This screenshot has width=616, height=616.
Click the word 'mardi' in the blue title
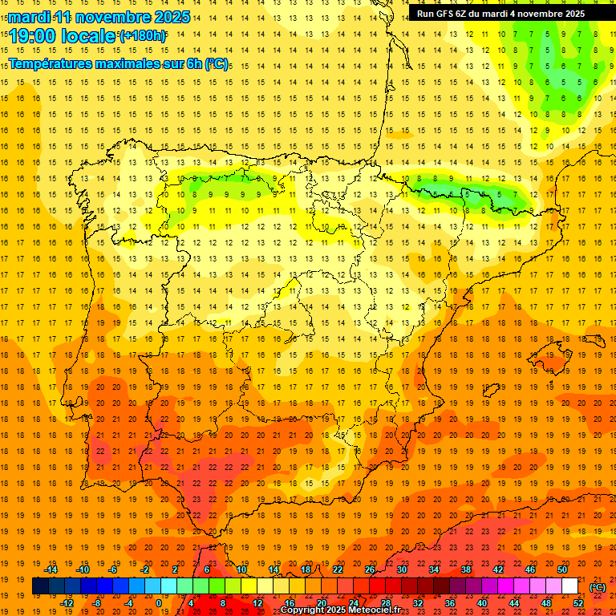[x=29, y=17]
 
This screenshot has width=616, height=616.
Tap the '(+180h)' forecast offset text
[x=143, y=35]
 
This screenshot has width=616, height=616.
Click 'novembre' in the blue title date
[x=117, y=17]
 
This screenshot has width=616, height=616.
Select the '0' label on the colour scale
[x=159, y=603]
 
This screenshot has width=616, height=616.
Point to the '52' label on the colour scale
[x=578, y=603]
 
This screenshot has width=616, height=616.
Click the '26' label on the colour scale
[x=370, y=569]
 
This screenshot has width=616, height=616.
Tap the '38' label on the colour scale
[x=466, y=569]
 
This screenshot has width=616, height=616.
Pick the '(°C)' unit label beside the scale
[x=598, y=587]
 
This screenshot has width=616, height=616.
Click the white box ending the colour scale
[x=570, y=586]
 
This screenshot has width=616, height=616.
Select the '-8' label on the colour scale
[x=97, y=603]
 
